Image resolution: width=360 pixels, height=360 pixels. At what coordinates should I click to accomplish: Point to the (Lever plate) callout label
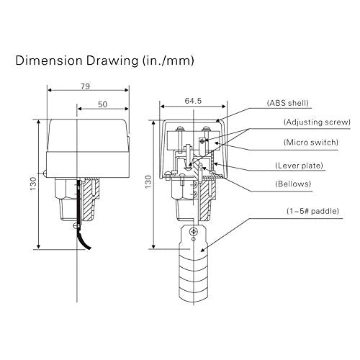tap(303, 166)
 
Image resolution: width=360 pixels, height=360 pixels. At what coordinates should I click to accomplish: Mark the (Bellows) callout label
tap(293, 184)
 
